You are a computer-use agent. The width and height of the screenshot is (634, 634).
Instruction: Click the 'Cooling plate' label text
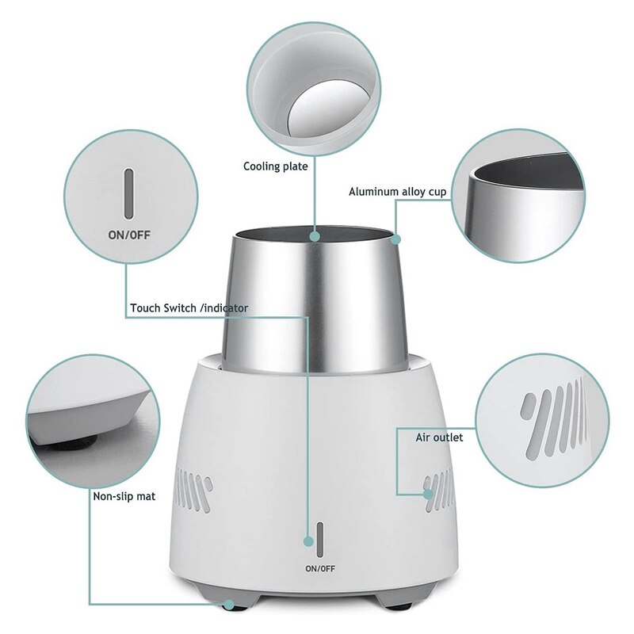click(x=275, y=166)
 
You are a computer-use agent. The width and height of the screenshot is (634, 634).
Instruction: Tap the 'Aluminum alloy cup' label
click(x=398, y=192)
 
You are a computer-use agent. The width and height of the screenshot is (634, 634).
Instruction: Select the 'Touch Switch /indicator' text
click(x=189, y=307)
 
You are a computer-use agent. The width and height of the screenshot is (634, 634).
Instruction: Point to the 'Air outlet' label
click(x=439, y=437)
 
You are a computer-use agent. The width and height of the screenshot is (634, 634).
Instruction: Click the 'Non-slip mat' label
click(x=124, y=497)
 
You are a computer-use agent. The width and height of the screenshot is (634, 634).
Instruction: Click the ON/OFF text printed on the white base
click(x=319, y=568)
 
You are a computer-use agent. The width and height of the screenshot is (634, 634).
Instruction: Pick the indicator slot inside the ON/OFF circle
click(x=127, y=192)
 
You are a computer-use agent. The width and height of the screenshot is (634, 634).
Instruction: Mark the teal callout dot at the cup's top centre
click(x=315, y=235)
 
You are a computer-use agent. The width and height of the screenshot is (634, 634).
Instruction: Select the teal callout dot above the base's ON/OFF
click(x=307, y=541)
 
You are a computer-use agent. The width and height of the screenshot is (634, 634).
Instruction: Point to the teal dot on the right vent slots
click(x=428, y=495)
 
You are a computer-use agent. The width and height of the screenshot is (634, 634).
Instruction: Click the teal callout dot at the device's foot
click(x=230, y=604)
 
